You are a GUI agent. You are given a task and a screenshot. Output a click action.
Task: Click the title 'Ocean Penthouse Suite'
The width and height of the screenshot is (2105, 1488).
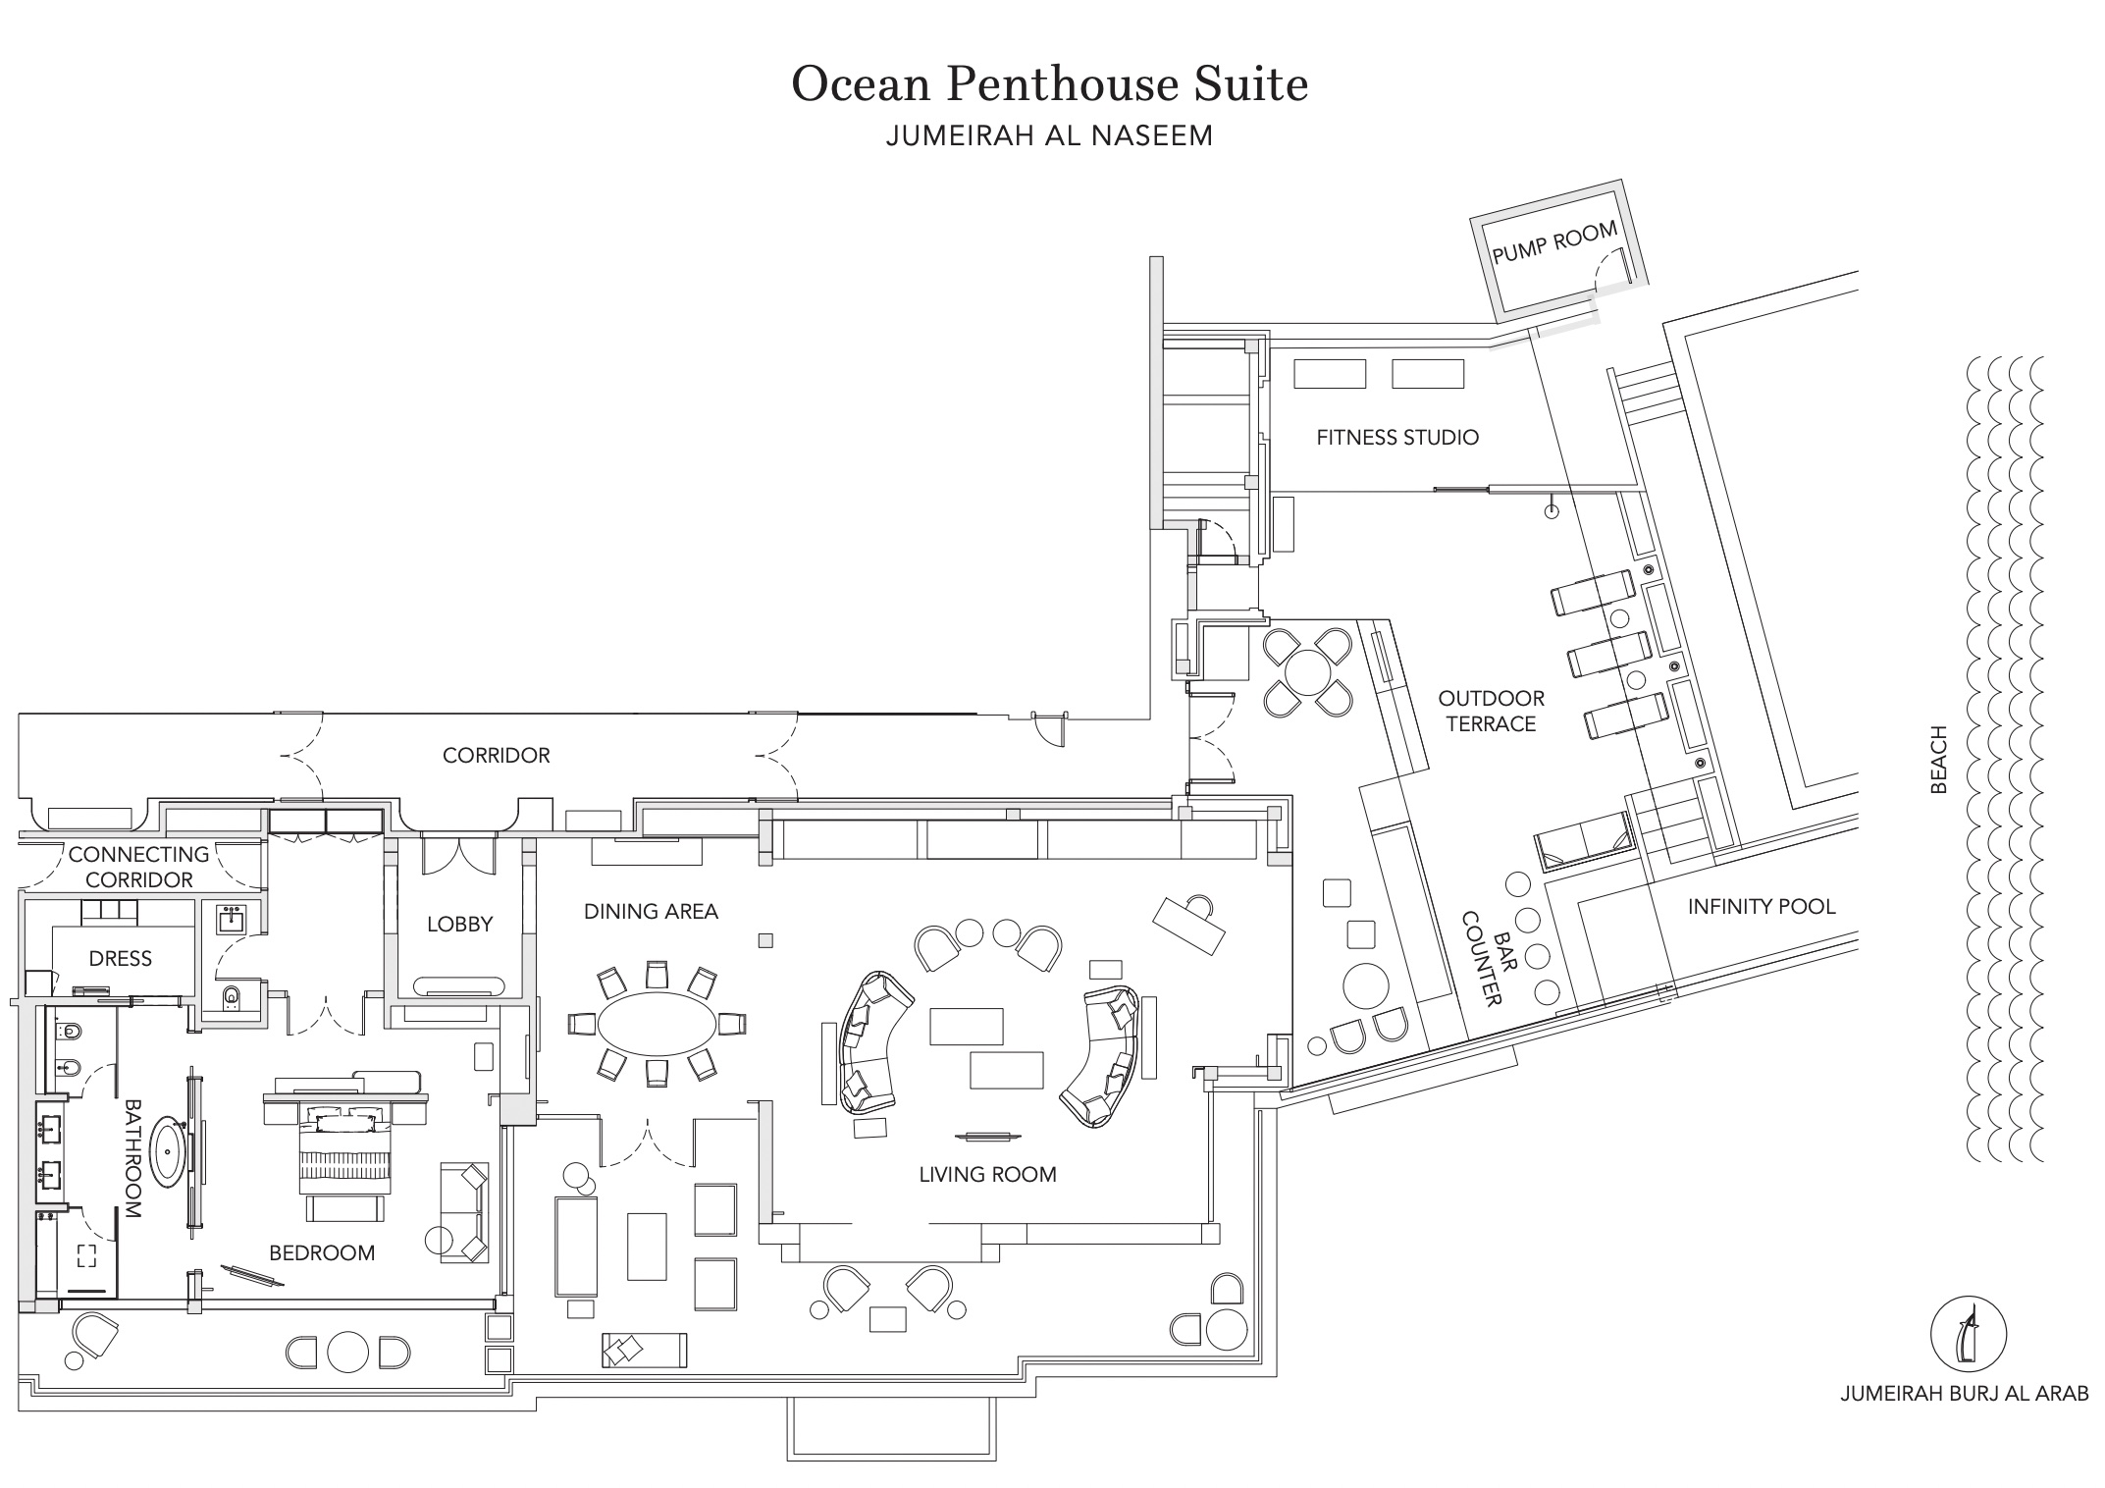tap(1049, 83)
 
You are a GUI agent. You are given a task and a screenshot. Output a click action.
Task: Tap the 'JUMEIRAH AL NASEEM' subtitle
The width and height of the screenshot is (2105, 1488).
tap(1049, 135)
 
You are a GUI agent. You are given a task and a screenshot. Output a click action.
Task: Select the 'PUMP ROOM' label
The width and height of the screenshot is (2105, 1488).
tap(1554, 241)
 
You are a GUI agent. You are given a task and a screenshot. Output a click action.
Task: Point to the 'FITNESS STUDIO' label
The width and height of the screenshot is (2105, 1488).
tap(1397, 438)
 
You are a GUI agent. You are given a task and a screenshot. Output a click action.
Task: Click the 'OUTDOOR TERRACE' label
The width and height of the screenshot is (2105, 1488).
tap(1492, 711)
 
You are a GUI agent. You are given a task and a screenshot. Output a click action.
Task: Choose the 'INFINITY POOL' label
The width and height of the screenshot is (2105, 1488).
tap(1762, 906)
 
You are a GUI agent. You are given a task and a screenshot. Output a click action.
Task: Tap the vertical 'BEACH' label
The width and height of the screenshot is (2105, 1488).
tap(1938, 759)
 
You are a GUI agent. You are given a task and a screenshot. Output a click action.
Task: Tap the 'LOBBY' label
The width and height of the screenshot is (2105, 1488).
tap(459, 924)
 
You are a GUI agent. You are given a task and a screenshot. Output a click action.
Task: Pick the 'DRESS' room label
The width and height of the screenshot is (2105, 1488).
tap(121, 958)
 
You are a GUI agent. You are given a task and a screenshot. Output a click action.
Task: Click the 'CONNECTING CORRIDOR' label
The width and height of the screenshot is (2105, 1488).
tap(138, 867)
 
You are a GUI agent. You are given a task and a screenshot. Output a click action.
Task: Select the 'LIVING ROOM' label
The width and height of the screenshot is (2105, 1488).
tap(987, 1174)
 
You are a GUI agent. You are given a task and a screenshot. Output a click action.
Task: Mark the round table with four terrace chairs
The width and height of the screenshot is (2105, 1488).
tap(1308, 672)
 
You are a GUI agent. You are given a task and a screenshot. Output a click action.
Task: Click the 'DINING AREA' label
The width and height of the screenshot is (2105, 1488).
tap(651, 911)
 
